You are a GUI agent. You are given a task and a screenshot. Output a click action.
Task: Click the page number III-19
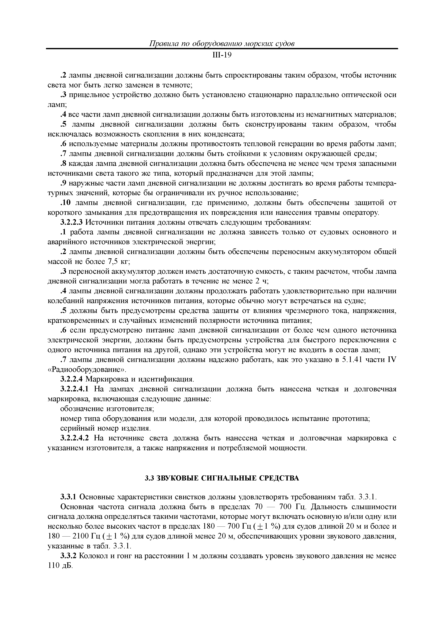coord(222,55)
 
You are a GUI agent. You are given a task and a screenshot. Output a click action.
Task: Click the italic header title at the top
coord(222,44)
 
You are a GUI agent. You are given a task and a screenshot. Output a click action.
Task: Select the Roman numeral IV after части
coord(392,360)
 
